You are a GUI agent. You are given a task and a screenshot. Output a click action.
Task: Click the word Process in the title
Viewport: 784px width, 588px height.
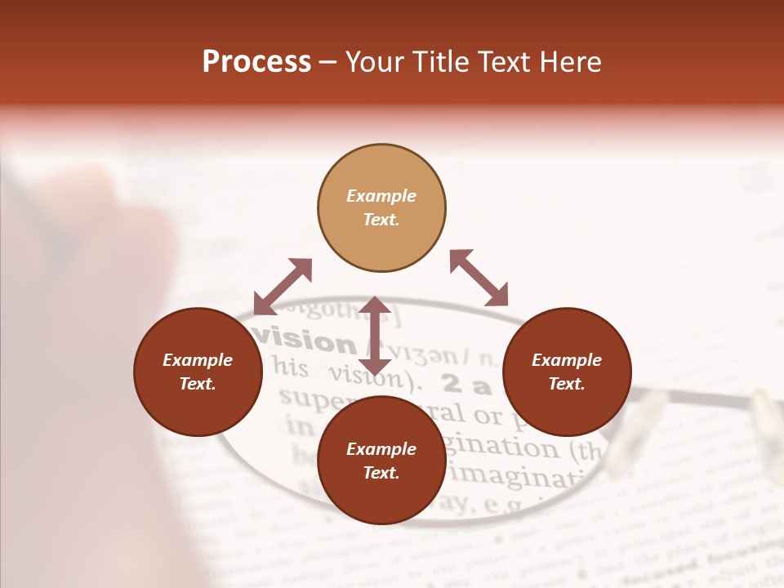[x=256, y=62]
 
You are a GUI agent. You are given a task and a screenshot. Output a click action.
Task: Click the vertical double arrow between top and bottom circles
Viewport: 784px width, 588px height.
[x=375, y=336]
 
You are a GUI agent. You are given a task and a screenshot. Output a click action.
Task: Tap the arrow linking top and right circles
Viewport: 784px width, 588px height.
[x=479, y=278]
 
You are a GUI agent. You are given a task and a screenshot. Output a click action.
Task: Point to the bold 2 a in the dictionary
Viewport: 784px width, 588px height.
[x=466, y=383]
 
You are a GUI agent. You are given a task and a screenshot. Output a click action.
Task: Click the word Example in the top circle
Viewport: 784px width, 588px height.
[x=381, y=196]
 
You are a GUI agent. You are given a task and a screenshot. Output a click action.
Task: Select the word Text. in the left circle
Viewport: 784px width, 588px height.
[x=198, y=384]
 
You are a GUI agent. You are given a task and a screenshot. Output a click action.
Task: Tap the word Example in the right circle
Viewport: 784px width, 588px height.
[x=567, y=360]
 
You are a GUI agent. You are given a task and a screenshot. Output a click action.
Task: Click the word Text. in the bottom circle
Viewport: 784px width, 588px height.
[x=381, y=473]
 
